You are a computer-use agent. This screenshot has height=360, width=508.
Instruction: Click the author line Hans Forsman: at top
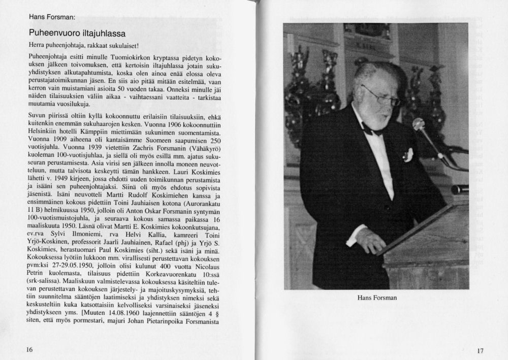[52, 17]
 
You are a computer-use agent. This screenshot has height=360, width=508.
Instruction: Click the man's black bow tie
[371, 129]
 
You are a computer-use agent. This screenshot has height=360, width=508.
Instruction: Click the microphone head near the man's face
[419, 124]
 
